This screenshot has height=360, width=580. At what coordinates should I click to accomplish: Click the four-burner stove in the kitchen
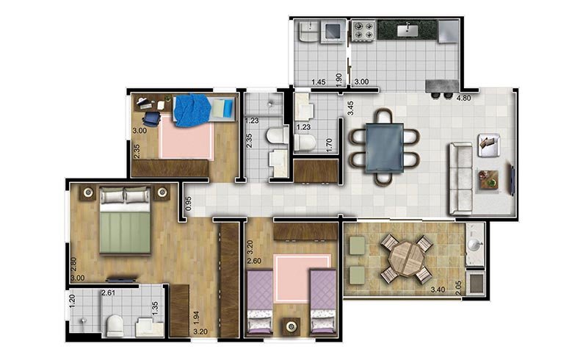click(x=363, y=31)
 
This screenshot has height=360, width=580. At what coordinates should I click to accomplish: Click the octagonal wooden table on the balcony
click(x=407, y=258)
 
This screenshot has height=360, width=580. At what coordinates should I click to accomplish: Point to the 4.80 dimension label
click(x=464, y=98)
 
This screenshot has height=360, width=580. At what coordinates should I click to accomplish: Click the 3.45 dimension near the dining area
click(x=350, y=108)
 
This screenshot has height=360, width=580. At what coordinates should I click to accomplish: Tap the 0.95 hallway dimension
click(x=189, y=204)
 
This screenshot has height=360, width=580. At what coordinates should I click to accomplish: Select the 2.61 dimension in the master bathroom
click(x=109, y=293)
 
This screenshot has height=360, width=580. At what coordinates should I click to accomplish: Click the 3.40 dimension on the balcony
click(x=438, y=289)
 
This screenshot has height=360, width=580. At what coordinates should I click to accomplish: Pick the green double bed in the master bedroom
click(x=125, y=221)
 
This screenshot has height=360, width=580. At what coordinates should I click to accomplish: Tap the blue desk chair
click(x=151, y=119)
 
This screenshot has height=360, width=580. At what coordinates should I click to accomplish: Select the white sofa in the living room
click(x=460, y=179)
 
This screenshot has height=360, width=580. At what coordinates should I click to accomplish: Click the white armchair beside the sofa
click(x=489, y=145)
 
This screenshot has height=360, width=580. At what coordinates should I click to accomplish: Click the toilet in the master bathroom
click(x=115, y=325)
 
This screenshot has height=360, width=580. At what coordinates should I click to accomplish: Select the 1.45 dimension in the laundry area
click(x=319, y=82)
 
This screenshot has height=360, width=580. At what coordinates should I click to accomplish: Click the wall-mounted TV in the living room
click(x=512, y=180)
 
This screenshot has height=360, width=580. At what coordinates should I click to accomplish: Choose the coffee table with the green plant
click(x=489, y=180)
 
